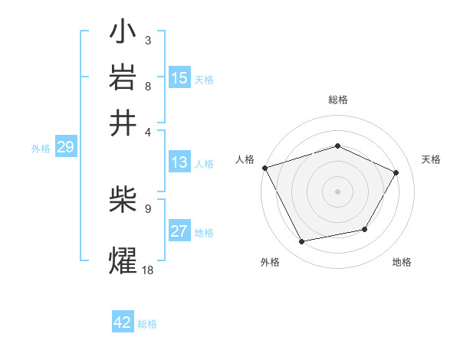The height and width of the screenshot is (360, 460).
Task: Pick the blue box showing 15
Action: [179, 77]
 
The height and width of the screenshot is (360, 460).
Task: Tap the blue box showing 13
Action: [179, 162]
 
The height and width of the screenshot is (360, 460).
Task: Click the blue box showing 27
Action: [179, 231]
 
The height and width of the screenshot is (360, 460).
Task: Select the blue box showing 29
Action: [65, 148]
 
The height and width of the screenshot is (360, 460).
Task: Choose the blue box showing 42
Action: [123, 322]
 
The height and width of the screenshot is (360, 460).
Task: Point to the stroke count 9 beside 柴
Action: [148, 208]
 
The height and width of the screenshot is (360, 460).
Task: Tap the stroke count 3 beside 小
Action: [148, 39]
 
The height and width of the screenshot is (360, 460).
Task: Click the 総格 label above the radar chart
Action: [338, 100]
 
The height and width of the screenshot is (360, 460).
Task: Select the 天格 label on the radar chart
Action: [432, 159]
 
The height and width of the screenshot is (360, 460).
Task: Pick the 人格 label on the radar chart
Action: [245, 159]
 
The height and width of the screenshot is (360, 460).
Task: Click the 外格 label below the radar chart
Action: [270, 262]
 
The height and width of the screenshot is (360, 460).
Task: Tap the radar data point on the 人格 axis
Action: [264, 168]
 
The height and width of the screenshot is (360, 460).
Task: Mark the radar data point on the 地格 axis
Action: [365, 229]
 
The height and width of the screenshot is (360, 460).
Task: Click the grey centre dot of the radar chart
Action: [338, 191]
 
